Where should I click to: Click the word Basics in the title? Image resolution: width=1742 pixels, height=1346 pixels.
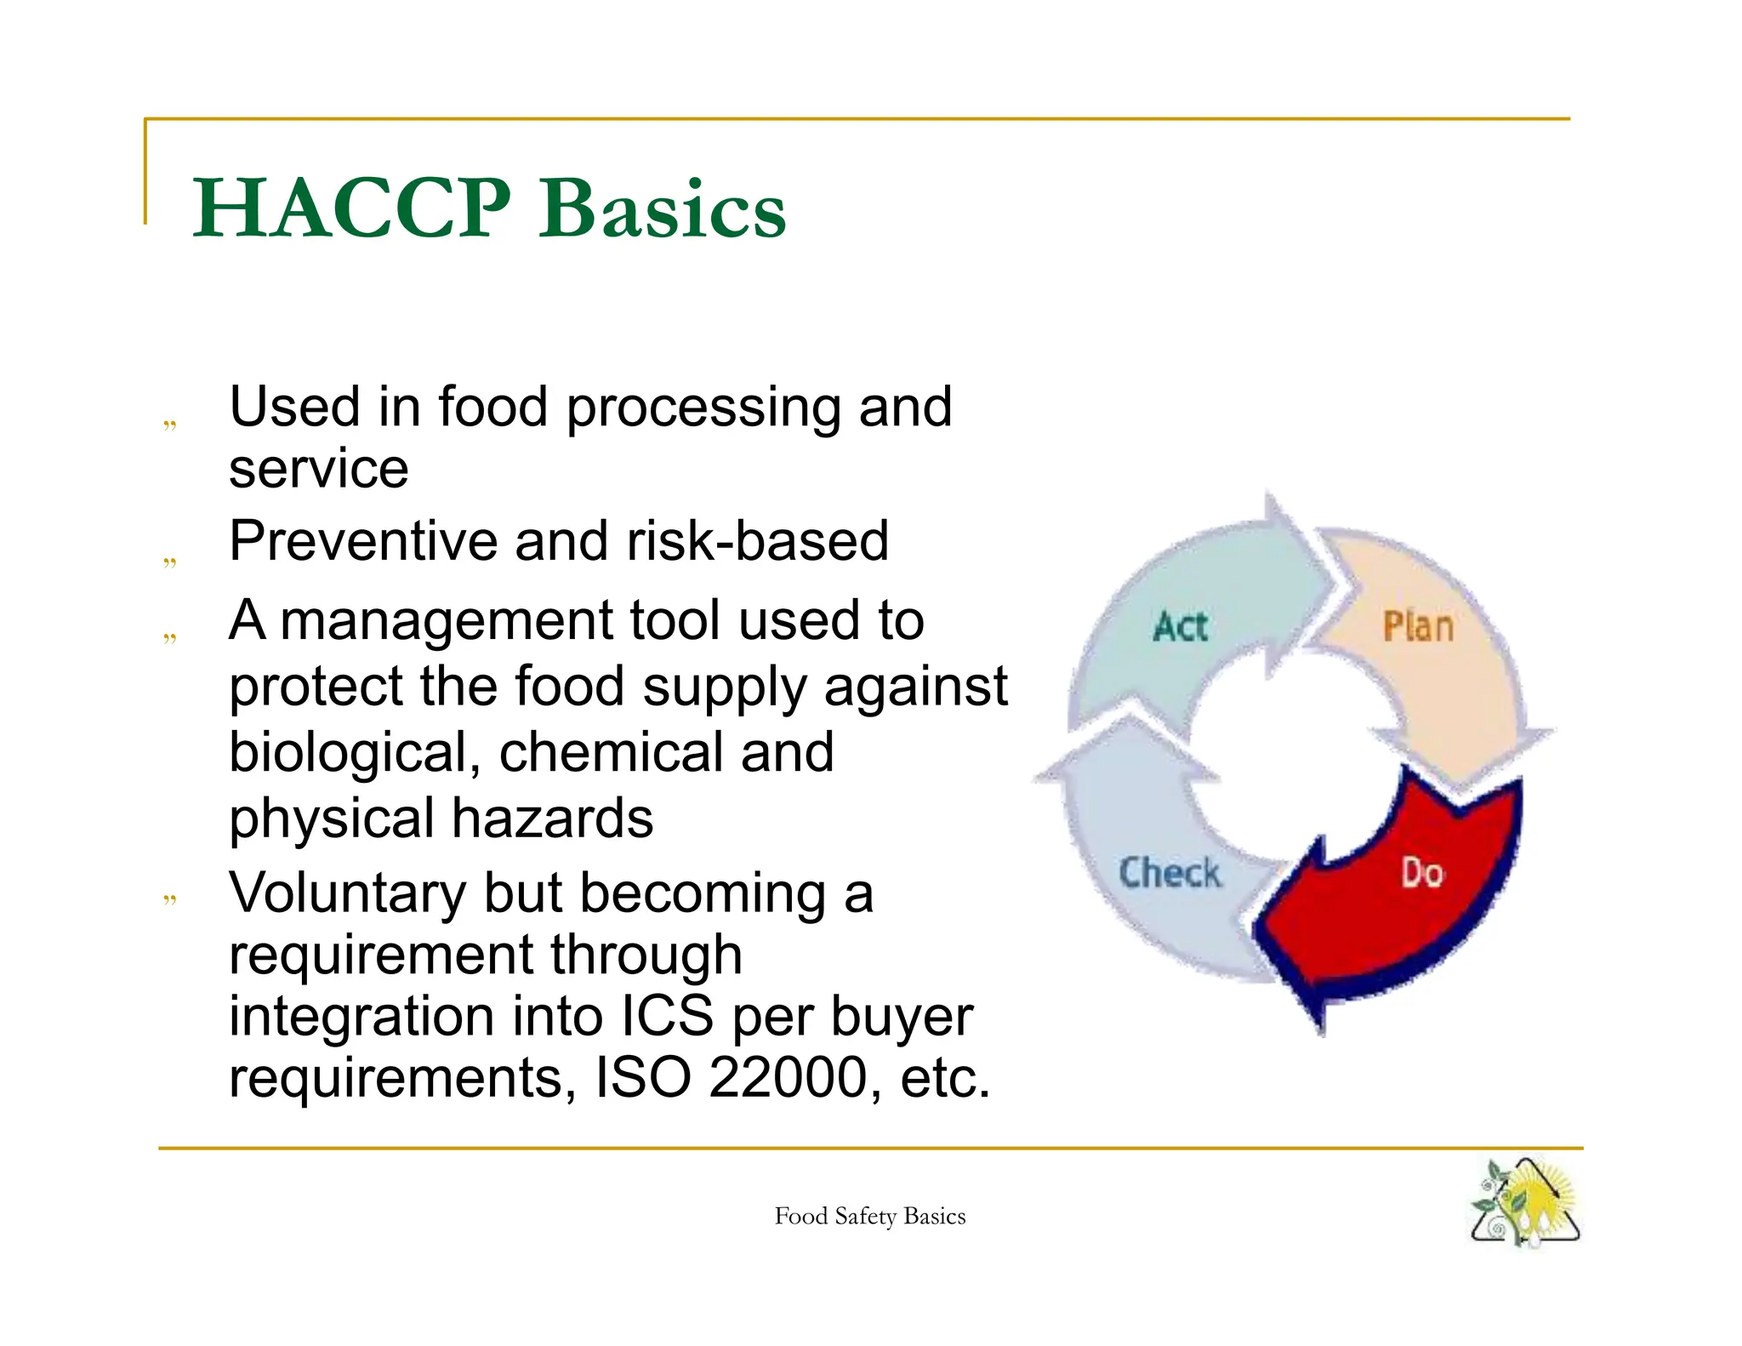point(663,209)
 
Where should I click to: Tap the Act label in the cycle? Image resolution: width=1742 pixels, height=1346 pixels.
point(1181,627)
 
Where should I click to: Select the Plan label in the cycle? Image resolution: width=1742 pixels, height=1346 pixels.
point(1418,627)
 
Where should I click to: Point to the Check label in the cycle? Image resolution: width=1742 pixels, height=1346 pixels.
point(1170,873)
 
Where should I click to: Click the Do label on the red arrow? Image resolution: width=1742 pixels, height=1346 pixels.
point(1422,874)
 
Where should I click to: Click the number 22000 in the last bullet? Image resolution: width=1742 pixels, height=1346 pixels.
point(787,1078)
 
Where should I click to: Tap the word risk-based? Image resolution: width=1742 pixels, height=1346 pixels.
point(757,541)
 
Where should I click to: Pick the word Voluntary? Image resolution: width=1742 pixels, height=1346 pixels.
point(347,894)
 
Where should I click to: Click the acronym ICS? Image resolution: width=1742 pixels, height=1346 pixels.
point(668,1016)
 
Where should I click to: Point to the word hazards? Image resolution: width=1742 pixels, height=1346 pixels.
point(552,818)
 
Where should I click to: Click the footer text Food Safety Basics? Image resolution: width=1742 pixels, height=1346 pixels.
point(869,1217)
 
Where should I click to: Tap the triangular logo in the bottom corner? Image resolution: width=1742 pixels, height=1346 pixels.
point(1524,1203)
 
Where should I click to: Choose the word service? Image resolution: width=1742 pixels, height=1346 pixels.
point(318,469)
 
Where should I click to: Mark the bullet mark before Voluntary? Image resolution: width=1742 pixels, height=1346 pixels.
point(170,898)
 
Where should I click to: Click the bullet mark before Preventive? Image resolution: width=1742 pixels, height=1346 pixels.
point(170,562)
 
